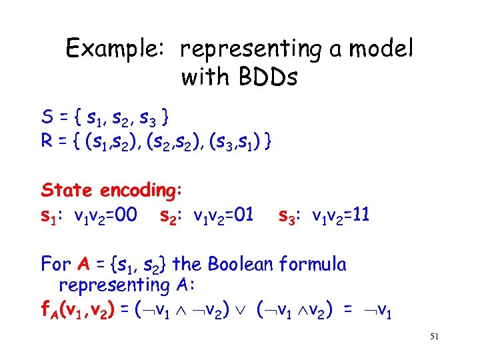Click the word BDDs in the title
pyautogui.click(x=264, y=78)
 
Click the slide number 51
pyautogui.click(x=434, y=338)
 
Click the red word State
pyautogui.click(x=67, y=190)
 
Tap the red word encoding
pyautogui.click(x=139, y=191)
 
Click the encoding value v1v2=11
pyautogui.click(x=341, y=215)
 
